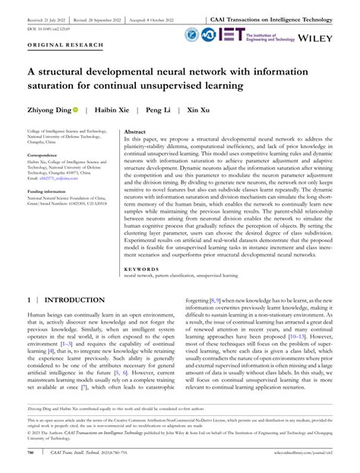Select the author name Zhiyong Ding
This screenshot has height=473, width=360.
[x=48, y=110]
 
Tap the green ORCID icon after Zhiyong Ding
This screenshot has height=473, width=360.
[x=76, y=110]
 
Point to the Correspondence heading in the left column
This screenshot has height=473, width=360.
[x=46, y=153]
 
